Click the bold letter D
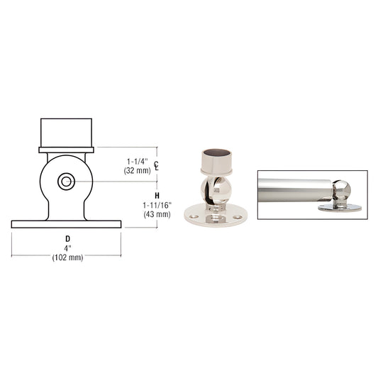pos(67,238)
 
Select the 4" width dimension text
pos(67,248)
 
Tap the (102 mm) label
pos(67,257)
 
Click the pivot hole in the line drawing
pos(66,182)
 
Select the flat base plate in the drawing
pos(66,224)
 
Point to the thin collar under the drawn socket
pos(66,149)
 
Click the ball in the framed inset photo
pos(342,190)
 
